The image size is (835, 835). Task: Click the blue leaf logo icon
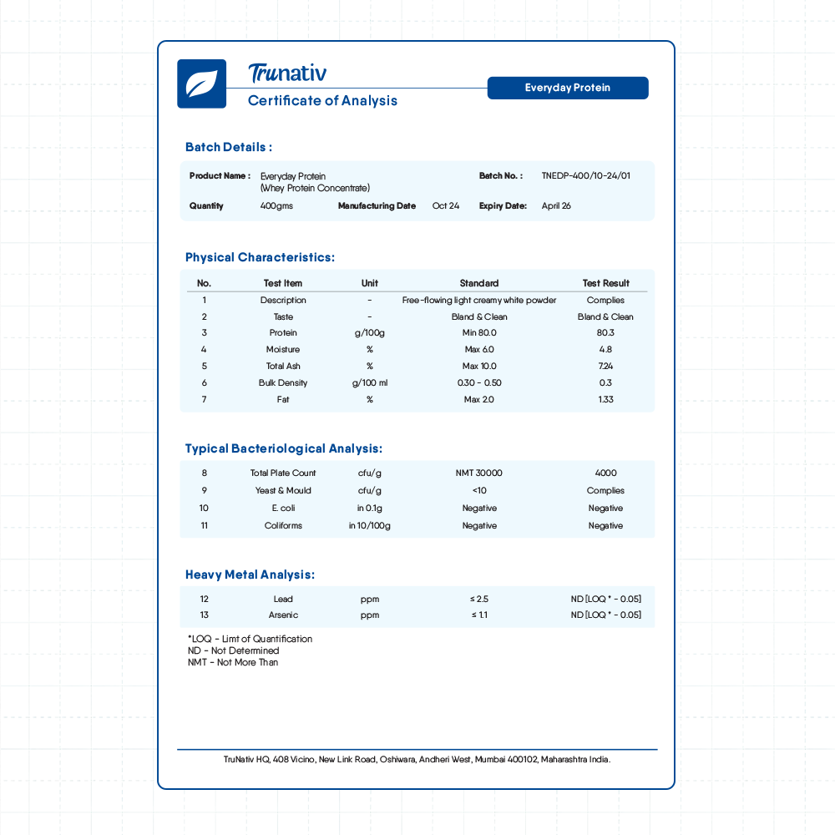click(201, 83)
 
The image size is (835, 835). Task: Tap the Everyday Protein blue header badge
click(568, 88)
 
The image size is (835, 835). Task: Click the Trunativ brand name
click(287, 73)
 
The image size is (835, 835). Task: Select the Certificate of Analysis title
click(322, 101)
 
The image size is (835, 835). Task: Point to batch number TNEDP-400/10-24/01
click(585, 176)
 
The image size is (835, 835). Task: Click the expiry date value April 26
click(556, 206)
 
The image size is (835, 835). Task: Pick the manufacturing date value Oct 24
click(446, 206)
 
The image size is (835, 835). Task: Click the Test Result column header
click(605, 283)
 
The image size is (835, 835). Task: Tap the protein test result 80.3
click(605, 333)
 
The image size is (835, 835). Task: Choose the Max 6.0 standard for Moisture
click(479, 350)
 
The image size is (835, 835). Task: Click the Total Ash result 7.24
click(605, 367)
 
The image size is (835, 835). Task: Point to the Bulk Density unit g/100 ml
click(369, 383)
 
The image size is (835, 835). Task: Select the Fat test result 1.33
click(605, 400)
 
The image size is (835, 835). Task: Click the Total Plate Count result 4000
click(605, 473)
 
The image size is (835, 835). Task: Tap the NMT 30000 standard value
click(479, 473)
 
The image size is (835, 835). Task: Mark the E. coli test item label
click(283, 509)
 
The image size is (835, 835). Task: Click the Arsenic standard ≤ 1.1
click(479, 615)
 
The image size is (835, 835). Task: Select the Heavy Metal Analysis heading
click(250, 574)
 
